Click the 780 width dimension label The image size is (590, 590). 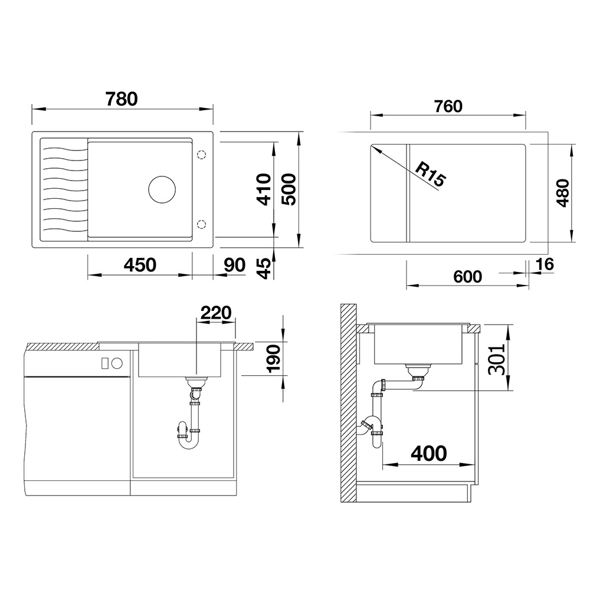point(122,99)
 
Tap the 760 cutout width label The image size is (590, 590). point(448,106)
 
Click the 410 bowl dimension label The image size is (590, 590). point(264,189)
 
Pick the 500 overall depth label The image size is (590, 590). point(289,189)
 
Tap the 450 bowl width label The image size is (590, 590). point(140,265)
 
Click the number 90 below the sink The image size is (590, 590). point(234,265)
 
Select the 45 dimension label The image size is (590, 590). point(265,268)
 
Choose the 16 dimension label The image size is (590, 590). point(545,264)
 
